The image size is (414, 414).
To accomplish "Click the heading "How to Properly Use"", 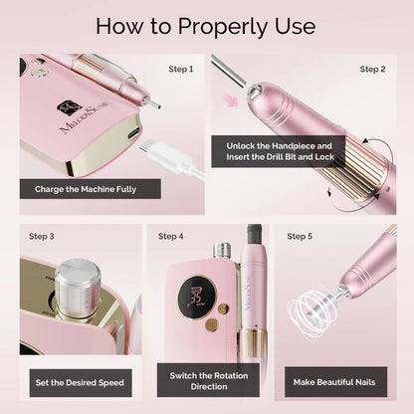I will pos(207,25).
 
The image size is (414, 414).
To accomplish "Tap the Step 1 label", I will pos(181,70).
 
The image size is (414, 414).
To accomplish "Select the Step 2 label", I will pos(372,70).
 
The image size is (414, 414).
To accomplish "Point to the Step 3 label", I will pos(42,237).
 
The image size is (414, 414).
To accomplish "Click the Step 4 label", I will pos(170,237).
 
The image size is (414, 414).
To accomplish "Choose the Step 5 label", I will pos(300,237).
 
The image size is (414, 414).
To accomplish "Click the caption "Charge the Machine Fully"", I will pos(85,187).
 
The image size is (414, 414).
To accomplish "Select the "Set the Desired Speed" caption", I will pos(80,380).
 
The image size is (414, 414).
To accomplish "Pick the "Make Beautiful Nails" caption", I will pos(333,380).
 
